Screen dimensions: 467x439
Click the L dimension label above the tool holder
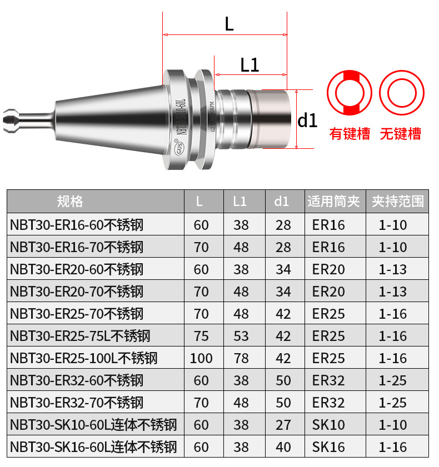coord(229,24)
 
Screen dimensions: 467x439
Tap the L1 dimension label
coord(250,65)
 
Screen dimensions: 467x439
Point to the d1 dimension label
coord(308,120)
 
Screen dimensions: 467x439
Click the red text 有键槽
coord(350,134)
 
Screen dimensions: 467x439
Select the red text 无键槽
coord(400,134)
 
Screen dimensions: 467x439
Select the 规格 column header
coord(70,202)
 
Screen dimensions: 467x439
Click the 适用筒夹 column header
coord(334,202)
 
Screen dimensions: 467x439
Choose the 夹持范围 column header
coord(397,202)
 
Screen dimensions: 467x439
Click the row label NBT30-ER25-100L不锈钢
coord(84,358)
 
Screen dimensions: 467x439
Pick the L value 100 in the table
coord(201,358)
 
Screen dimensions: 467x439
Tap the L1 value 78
coord(241,358)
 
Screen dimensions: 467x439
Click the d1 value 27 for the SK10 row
coord(283,425)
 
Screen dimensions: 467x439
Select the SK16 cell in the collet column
coord(328,447)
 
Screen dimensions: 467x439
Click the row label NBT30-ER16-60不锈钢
coord(77,225)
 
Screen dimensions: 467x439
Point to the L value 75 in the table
coord(201,336)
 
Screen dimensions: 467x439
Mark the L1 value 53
coord(241,336)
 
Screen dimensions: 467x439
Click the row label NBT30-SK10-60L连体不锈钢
coord(93,425)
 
